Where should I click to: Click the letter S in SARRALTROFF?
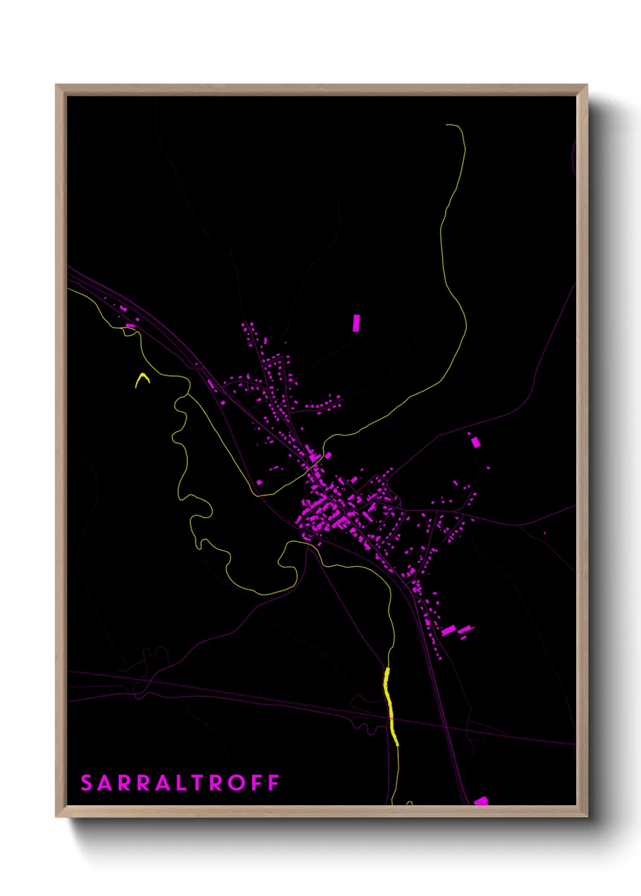pos(87,783)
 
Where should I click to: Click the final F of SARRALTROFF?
pos(273,783)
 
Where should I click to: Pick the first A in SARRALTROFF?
pos(105,783)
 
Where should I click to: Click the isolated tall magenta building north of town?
pos(356,323)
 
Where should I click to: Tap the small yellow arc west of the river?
pos(142,379)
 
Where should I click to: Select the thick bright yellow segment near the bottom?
pos(391,706)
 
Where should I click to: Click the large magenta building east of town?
pos(476,442)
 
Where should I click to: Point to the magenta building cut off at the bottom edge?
pos(481,801)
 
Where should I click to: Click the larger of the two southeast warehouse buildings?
pos(448,631)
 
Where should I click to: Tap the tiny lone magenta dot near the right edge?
pos(544,533)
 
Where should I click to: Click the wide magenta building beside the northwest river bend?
pos(130,326)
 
